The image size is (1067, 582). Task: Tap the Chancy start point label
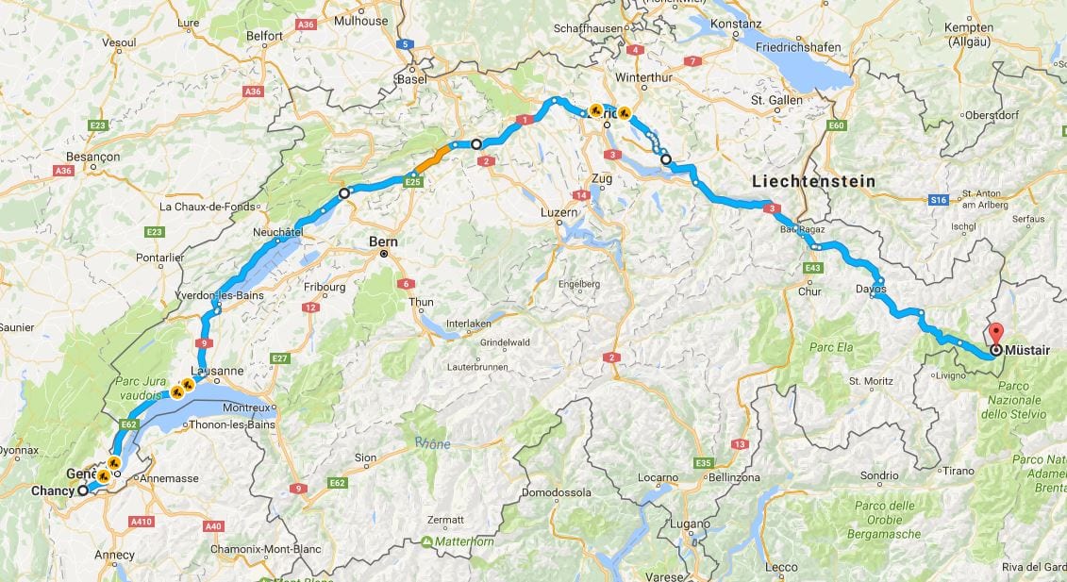52,491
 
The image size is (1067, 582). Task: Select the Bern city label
384,242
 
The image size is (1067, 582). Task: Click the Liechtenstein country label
814,180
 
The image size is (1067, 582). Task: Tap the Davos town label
871,290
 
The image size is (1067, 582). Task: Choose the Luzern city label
559,213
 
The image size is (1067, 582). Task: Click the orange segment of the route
434,155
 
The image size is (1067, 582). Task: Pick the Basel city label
412,79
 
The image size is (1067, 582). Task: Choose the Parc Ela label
831,347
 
